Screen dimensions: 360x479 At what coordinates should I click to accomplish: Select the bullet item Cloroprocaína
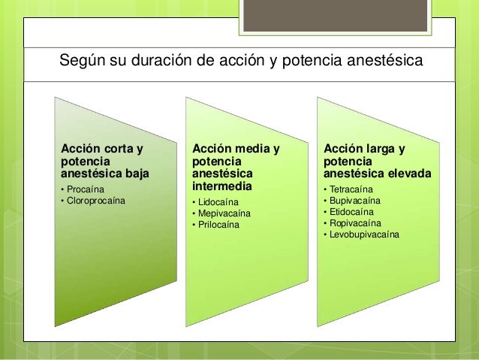click(95, 201)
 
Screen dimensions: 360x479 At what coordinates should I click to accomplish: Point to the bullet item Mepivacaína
click(224, 214)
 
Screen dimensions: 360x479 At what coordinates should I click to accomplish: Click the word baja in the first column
click(134, 174)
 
